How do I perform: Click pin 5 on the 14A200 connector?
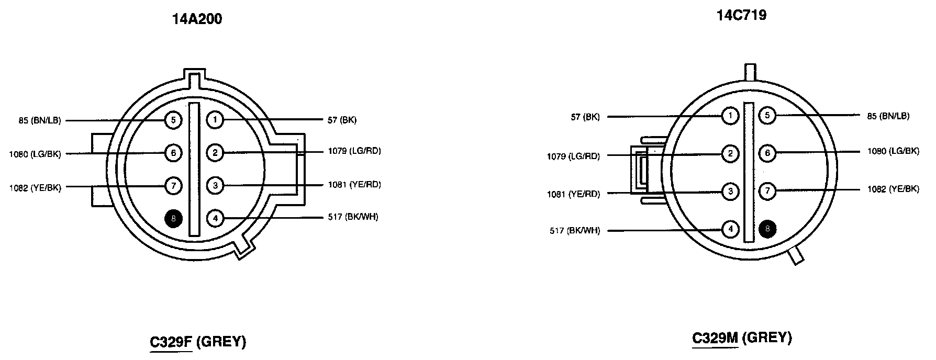(x=173, y=120)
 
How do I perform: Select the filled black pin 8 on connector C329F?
(x=173, y=218)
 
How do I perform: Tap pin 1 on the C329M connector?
(x=730, y=116)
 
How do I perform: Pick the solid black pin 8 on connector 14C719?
(x=767, y=229)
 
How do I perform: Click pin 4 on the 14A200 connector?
(x=215, y=218)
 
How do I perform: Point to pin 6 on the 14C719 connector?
(x=767, y=153)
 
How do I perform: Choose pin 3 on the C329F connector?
(x=215, y=185)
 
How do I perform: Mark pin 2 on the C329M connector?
(x=730, y=153)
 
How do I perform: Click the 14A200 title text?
(x=197, y=19)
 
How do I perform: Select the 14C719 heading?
(x=742, y=15)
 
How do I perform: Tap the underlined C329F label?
(x=171, y=342)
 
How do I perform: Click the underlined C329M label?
(x=715, y=338)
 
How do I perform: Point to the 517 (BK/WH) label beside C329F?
(x=353, y=217)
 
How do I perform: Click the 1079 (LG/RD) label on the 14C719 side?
(x=573, y=156)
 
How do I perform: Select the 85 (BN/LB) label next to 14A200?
(x=40, y=121)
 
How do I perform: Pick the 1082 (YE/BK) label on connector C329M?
(x=893, y=189)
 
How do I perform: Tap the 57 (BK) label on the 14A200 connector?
(x=342, y=120)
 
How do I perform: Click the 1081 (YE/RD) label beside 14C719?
(x=573, y=194)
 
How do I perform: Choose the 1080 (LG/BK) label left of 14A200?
(x=35, y=154)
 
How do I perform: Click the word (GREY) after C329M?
(x=767, y=338)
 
